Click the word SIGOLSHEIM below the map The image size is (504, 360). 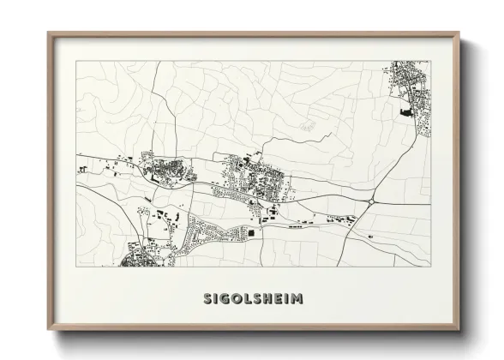tap(252, 300)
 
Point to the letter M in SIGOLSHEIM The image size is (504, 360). tap(297, 300)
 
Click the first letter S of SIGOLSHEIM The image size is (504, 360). tap(208, 300)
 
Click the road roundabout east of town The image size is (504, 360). tap(370, 201)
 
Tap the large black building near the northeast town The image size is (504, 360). tap(405, 111)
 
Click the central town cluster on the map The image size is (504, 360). tap(257, 180)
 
